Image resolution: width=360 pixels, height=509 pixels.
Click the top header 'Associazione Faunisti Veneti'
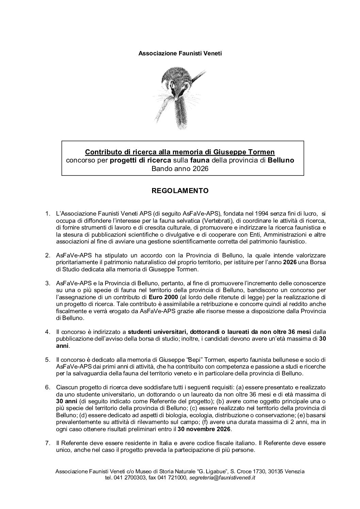point(180,53)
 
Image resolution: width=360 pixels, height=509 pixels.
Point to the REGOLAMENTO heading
point(180,191)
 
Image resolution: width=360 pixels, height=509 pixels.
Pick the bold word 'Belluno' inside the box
point(281,160)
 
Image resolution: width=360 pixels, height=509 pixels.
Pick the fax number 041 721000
point(174,478)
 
